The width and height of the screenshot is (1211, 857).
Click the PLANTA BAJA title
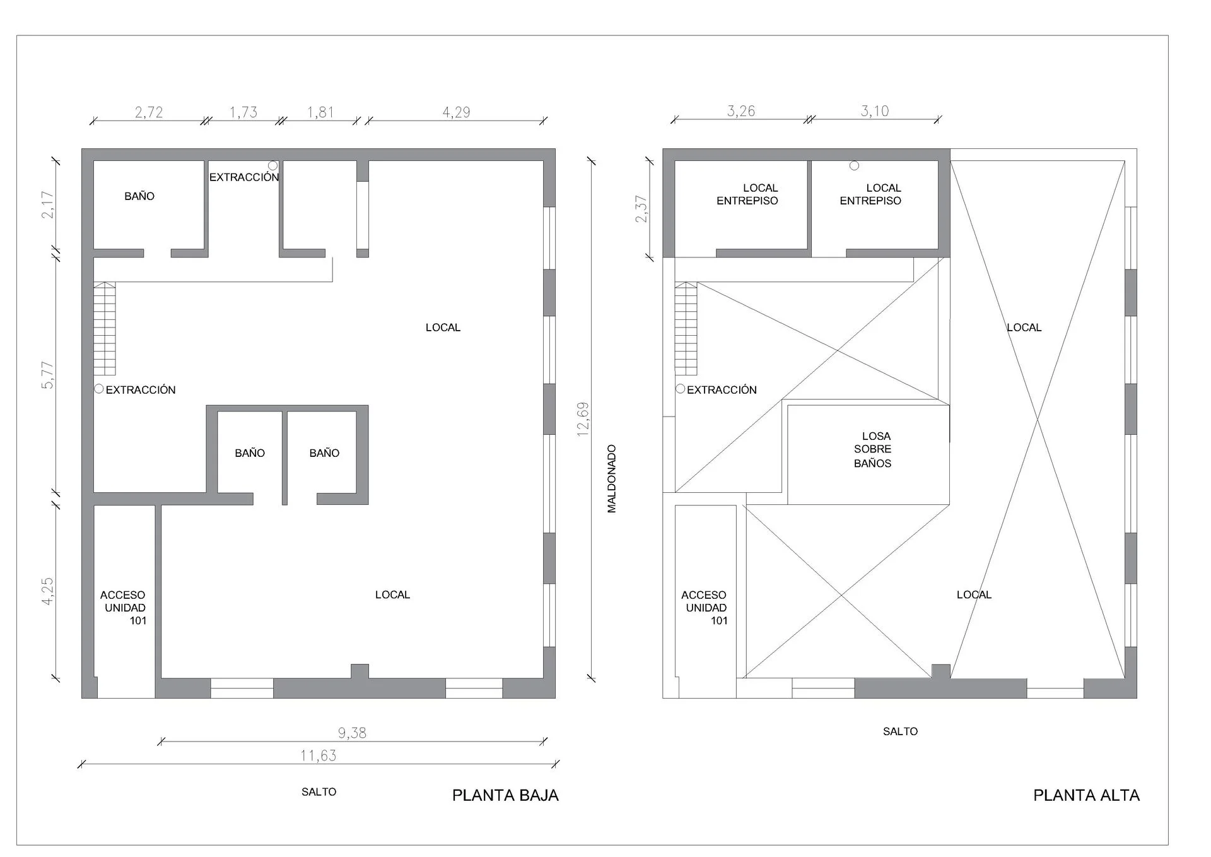coord(505,795)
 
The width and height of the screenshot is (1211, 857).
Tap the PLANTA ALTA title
coord(1086,795)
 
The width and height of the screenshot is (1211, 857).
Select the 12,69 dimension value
coord(583,418)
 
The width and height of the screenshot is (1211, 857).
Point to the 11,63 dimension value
coord(319,755)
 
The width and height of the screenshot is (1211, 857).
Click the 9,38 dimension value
coord(352,733)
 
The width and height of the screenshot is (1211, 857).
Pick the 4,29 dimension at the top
coord(456,112)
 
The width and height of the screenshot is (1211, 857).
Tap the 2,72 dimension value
coord(149,112)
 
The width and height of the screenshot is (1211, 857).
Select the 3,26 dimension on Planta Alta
coord(741,111)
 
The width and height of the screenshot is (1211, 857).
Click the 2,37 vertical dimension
coord(641,209)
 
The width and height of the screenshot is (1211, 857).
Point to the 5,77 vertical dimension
coord(48,375)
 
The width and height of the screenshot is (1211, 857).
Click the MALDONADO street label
coord(611,478)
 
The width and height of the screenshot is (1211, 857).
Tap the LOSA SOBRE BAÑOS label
coord(873,449)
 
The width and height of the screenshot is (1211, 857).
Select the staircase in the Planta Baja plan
coord(105,329)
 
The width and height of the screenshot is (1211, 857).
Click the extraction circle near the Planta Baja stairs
coord(99,389)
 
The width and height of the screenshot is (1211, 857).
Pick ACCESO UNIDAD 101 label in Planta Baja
coord(124,608)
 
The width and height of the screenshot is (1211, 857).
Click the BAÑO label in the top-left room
coord(139,196)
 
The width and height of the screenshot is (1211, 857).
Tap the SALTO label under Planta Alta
coord(900,731)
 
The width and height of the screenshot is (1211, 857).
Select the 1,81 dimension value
coord(320,112)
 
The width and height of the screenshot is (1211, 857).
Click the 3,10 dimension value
coord(875,111)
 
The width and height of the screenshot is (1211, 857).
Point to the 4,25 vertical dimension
coord(48,591)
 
